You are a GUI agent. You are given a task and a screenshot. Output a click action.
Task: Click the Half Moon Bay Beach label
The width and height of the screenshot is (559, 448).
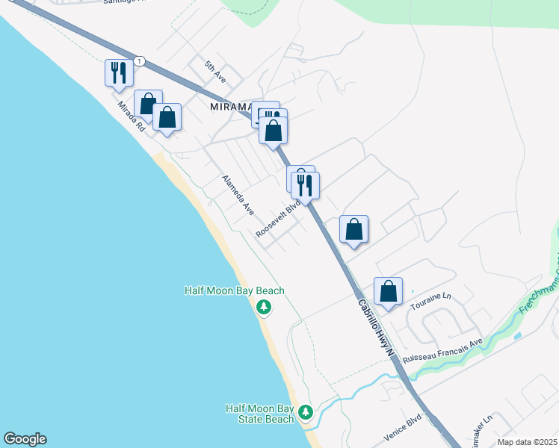pyautogui.click(x=235, y=290)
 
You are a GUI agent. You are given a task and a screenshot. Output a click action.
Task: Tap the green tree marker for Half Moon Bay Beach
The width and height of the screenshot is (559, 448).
pyautogui.click(x=264, y=307)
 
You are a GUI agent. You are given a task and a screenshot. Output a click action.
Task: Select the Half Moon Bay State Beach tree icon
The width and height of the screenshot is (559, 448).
pyautogui.click(x=305, y=412)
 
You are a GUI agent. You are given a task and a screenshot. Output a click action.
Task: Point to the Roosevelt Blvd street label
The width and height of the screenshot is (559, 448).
pyautogui.click(x=278, y=218)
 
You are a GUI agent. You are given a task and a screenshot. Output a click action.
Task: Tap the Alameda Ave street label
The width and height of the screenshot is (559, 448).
pyautogui.click(x=238, y=195)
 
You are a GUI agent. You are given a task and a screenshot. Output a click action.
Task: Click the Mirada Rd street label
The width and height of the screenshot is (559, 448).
pyautogui.click(x=131, y=117)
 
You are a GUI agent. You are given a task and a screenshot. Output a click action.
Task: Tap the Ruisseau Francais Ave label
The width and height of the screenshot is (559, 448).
pyautogui.click(x=443, y=349)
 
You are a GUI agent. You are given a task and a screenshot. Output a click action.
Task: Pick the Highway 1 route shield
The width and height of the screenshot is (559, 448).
pyautogui.click(x=139, y=60)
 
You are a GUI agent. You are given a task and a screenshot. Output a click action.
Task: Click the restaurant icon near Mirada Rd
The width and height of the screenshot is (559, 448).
pyautogui.click(x=119, y=72)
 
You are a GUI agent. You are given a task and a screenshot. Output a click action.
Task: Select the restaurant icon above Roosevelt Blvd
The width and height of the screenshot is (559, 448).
pyautogui.click(x=305, y=184)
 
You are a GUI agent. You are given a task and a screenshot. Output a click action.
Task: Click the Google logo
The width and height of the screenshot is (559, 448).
pyautogui.click(x=25, y=439)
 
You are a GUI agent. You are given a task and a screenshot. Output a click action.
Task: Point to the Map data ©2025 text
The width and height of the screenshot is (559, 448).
pyautogui.click(x=528, y=442)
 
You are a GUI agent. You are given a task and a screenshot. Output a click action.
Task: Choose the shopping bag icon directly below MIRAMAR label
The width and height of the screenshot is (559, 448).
pyautogui.click(x=274, y=131)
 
